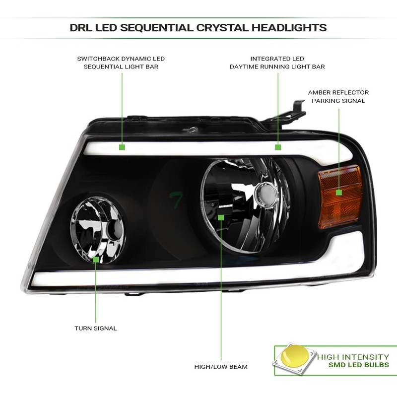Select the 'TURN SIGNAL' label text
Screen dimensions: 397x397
[96, 328]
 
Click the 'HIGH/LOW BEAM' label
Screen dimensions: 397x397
[221, 367]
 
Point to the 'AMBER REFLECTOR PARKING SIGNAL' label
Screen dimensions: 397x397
[338, 96]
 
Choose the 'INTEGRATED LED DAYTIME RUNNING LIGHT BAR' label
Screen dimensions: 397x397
[277, 63]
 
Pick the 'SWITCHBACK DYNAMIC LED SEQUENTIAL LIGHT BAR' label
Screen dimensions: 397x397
[121, 63]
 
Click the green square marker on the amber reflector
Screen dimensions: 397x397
[339, 192]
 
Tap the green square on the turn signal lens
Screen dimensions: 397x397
[96, 259]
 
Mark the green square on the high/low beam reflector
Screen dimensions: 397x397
[221, 217]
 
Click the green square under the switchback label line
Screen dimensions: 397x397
[122, 147]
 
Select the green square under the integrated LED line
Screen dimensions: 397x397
[278, 147]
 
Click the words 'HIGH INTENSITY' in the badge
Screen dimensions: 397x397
[353, 356]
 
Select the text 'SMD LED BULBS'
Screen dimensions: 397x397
[359, 365]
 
